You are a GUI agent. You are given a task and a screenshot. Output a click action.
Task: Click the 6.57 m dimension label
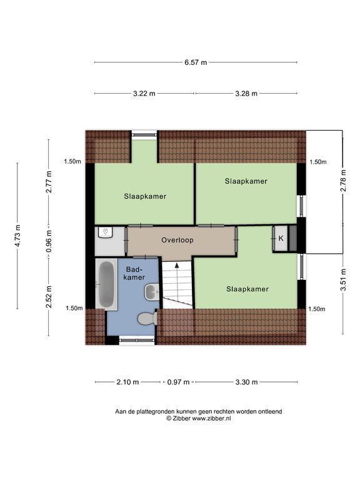[196, 62]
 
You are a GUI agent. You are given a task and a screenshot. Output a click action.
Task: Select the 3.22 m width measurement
[144, 93]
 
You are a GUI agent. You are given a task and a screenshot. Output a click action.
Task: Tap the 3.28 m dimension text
[246, 93]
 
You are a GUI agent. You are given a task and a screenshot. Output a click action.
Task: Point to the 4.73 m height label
[17, 236]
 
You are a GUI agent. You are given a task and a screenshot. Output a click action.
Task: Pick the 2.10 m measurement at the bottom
[127, 382]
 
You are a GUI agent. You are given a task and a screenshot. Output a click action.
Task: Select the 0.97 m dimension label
[178, 382]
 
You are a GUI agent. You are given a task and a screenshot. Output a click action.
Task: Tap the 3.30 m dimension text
[247, 382]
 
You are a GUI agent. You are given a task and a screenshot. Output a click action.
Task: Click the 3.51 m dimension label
[343, 280]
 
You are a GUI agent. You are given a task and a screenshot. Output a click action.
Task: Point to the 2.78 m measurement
[343, 181]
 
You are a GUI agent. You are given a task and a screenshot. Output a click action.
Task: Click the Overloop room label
[177, 240]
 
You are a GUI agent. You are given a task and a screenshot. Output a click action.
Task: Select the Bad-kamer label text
[135, 273]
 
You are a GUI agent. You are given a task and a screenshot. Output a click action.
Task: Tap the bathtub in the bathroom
[106, 284]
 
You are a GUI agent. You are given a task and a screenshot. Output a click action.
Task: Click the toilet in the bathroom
[147, 319]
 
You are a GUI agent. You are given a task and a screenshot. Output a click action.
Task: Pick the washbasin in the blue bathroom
[152, 292]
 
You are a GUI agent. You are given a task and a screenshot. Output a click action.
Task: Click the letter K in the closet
[281, 238]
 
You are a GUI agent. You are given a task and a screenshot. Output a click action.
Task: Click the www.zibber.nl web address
[211, 419]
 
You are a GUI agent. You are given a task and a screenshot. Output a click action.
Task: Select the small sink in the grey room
[105, 232]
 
